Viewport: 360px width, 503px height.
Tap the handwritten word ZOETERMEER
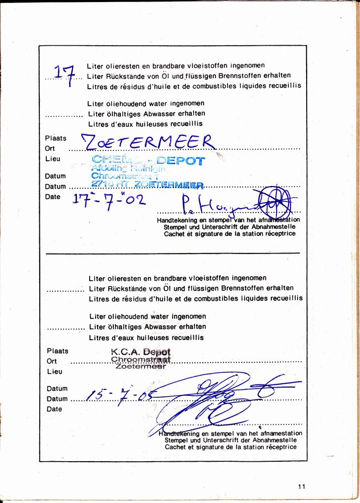(150, 143)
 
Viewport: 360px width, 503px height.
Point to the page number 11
(302, 486)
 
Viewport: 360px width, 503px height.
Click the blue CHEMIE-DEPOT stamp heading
(149, 161)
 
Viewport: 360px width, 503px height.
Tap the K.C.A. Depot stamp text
(140, 352)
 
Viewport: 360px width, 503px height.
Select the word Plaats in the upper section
(55, 138)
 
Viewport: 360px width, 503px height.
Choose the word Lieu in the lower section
(54, 372)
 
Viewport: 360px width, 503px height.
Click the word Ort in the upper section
(50, 148)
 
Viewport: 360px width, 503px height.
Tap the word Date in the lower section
(54, 409)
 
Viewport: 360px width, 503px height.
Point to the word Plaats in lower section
(57, 351)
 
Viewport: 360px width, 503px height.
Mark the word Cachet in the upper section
(175, 234)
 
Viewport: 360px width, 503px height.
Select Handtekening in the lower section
(180, 433)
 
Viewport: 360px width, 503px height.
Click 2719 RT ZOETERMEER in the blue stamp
(148, 185)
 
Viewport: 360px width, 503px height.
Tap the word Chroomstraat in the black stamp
(140, 360)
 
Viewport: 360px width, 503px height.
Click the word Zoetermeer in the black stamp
(140, 367)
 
